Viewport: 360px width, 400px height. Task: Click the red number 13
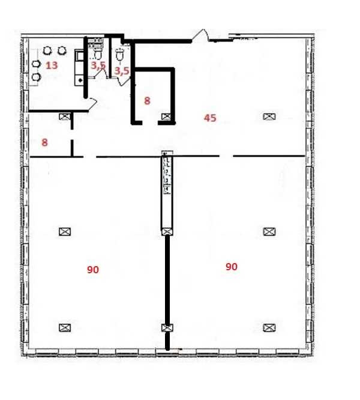[x=52, y=65]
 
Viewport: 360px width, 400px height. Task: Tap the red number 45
[x=210, y=118]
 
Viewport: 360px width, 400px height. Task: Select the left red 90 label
[x=93, y=270]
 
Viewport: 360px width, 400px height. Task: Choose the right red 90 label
[x=232, y=267]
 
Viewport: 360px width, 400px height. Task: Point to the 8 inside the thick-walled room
[x=147, y=101]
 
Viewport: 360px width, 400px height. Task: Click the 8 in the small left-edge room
[x=44, y=142]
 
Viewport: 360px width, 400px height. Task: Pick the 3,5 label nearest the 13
[x=98, y=65]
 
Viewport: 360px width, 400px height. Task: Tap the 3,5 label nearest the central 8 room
[x=122, y=71]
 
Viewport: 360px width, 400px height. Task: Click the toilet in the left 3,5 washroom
[x=98, y=54]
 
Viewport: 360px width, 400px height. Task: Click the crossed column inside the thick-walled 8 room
[x=166, y=117]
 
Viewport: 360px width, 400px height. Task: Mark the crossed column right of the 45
[x=269, y=117]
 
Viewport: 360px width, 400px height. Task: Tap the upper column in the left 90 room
[x=65, y=232]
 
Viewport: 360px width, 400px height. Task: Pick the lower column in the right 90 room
[x=269, y=327]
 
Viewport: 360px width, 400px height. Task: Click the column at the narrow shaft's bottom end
[x=167, y=232]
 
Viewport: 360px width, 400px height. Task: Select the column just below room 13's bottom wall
[x=65, y=117]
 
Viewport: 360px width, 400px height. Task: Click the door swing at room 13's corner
[x=92, y=104]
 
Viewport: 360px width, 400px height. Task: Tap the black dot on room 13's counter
[x=80, y=80]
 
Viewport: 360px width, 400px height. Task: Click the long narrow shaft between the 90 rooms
[x=167, y=193]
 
